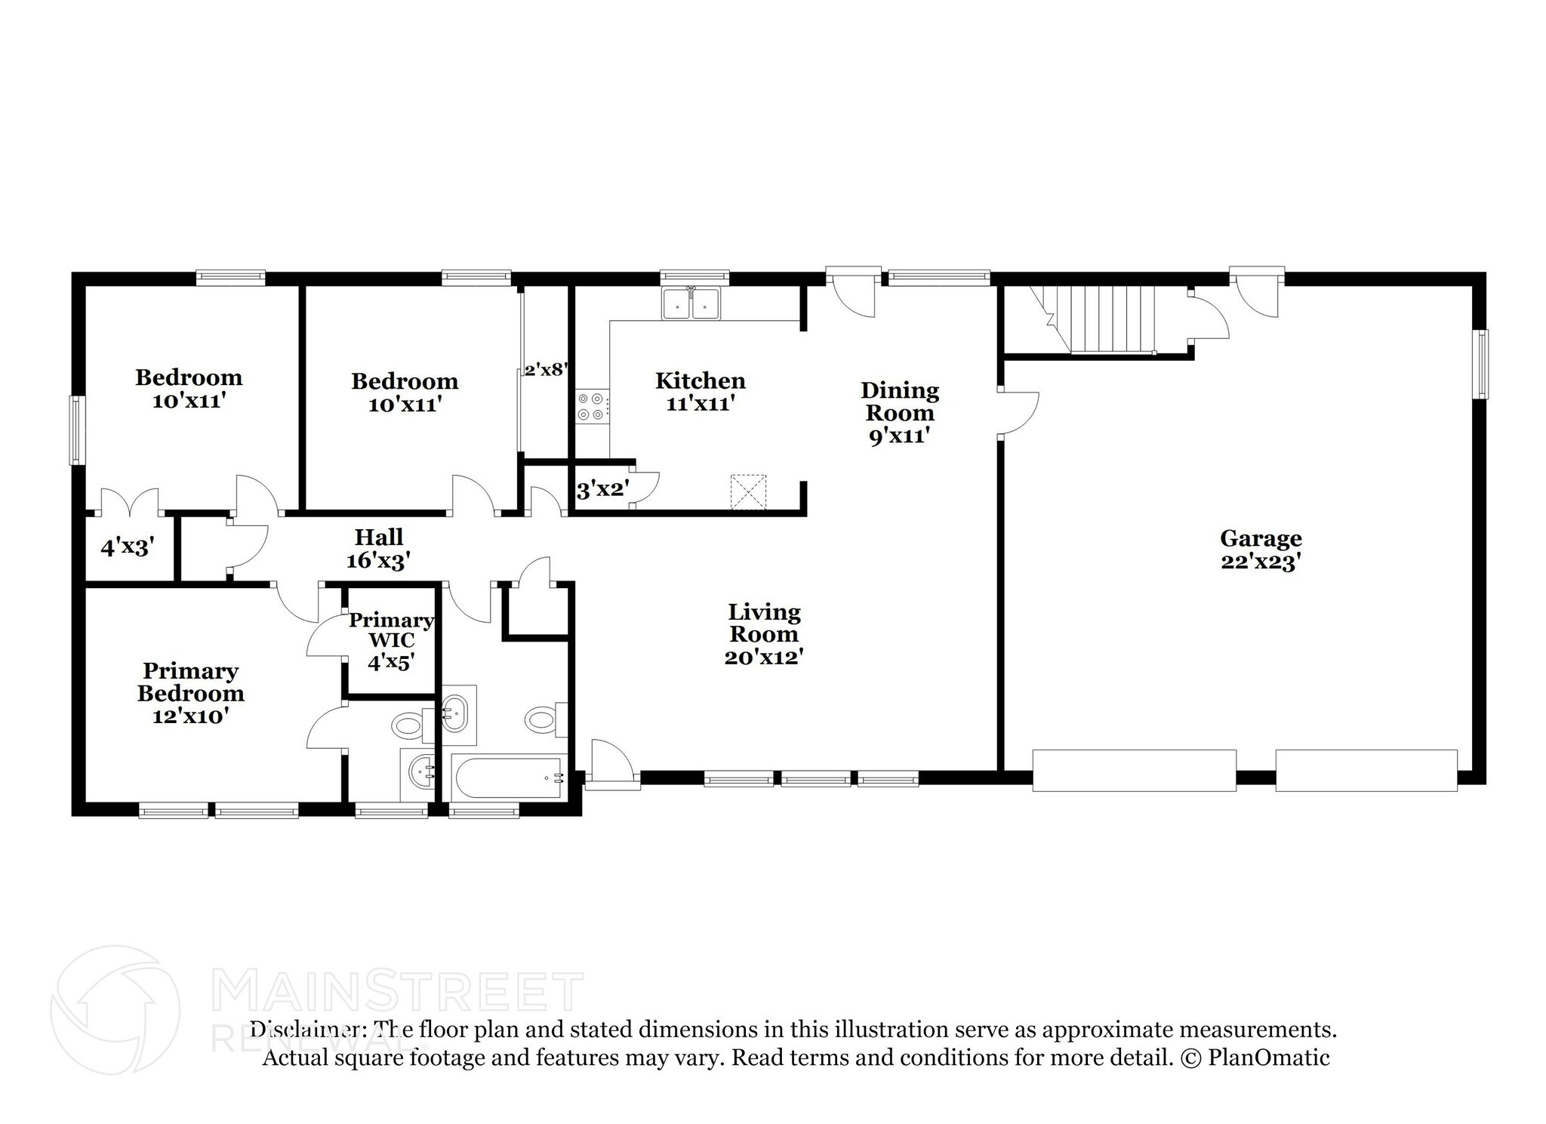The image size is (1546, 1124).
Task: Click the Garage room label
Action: pos(1261,550)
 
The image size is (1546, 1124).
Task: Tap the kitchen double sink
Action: pos(691,303)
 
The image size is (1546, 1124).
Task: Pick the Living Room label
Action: pos(763,634)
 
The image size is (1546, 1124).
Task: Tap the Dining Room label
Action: pos(900,413)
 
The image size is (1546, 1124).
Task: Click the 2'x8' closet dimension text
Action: pos(546,370)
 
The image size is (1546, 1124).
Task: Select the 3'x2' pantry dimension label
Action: pos(602,490)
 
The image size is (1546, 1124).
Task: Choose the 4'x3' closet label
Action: pos(128,547)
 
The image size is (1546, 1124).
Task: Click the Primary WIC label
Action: pos(391,641)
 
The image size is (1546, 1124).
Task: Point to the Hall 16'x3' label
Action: pos(379,549)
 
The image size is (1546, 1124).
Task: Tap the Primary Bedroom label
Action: pos(190,693)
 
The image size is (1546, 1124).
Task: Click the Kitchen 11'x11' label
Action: pos(701,391)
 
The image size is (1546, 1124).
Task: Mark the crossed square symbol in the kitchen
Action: pos(747,492)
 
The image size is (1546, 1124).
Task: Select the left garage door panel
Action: pos(1134,770)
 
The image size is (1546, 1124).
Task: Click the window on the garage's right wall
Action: pos(1483,364)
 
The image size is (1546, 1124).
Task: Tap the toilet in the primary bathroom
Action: pos(412,726)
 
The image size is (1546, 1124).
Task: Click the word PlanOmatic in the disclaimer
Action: pos(1269,1058)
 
